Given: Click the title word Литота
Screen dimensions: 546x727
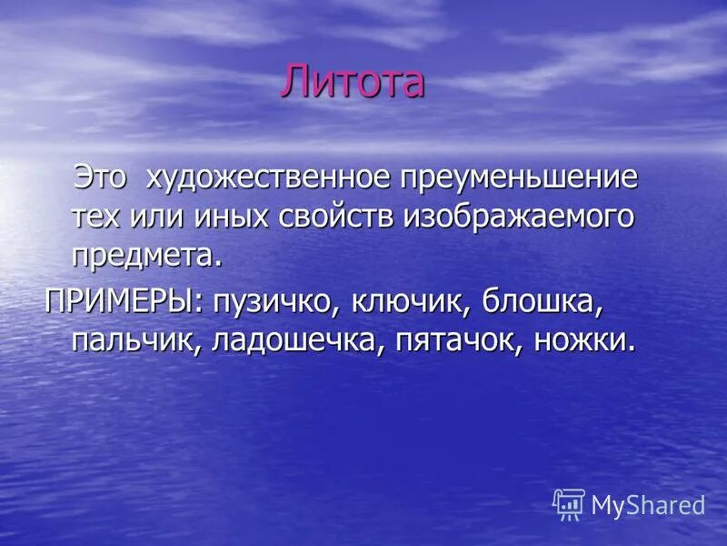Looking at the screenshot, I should coord(352,82).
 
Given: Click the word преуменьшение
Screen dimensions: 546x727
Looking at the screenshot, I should coord(520,178).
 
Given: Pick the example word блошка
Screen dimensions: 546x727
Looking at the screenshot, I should coord(542,301).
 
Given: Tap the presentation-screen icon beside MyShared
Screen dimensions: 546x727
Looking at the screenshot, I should coord(569,504).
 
